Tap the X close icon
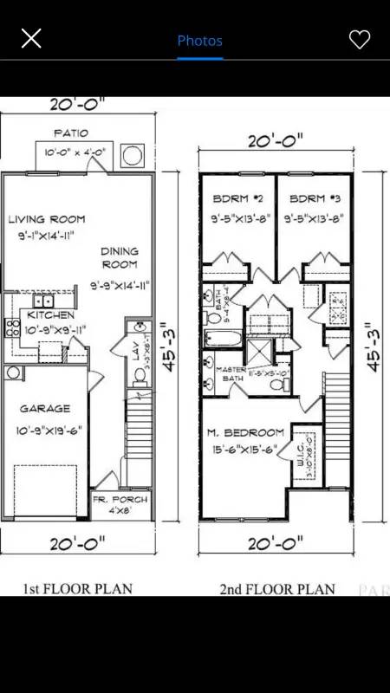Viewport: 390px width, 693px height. pyautogui.click(x=31, y=38)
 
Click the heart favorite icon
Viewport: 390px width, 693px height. pyautogui.click(x=359, y=39)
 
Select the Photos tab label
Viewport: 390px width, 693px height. pyautogui.click(x=199, y=41)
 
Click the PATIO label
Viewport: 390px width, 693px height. pyautogui.click(x=70, y=133)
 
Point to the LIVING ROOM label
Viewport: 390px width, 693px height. pyautogui.click(x=47, y=219)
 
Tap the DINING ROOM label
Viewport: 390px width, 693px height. pyautogui.click(x=120, y=257)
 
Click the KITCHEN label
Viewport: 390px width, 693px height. pyautogui.click(x=49, y=314)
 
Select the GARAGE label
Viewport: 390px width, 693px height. pyautogui.click(x=46, y=408)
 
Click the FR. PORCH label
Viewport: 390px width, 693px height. pyautogui.click(x=120, y=500)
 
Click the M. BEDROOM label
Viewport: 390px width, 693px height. pyautogui.click(x=245, y=432)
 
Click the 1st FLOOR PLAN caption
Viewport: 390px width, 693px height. pyautogui.click(x=77, y=589)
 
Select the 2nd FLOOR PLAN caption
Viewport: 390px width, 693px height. pyautogui.click(x=276, y=590)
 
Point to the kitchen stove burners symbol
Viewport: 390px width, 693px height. pyautogui.click(x=13, y=327)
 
